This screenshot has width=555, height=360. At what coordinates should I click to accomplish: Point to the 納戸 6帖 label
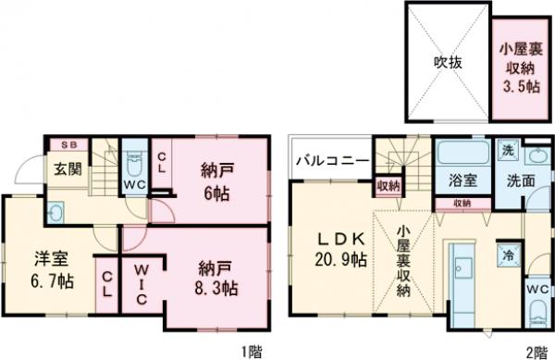pos(216,181)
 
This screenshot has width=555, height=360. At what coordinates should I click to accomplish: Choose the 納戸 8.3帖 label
pos(216,277)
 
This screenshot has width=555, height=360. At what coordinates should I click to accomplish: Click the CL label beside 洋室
pos(107,281)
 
